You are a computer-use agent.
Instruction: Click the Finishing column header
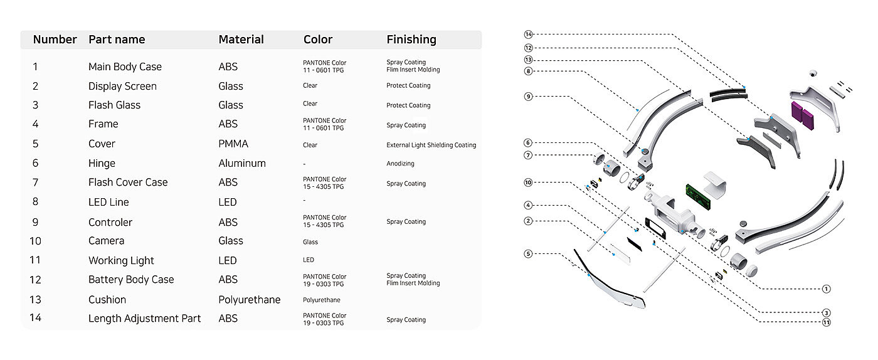(x=411, y=40)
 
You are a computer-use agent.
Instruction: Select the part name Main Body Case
(x=125, y=66)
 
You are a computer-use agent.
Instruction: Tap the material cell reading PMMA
(x=233, y=144)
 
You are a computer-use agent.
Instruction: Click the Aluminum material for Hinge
(x=242, y=163)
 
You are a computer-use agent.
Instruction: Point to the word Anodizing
(x=400, y=164)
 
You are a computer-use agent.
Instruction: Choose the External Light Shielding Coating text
(x=431, y=145)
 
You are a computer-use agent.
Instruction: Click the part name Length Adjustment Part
(x=144, y=319)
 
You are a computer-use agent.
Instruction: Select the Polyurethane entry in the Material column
(x=250, y=300)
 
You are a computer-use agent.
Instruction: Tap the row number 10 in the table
(x=35, y=241)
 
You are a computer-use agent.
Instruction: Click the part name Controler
(x=110, y=223)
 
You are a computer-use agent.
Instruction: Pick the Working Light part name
(x=121, y=261)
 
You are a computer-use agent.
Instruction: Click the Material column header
(x=241, y=40)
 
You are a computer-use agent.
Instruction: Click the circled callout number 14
(x=528, y=34)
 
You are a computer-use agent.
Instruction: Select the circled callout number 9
(x=528, y=97)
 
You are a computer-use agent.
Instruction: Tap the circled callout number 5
(x=528, y=254)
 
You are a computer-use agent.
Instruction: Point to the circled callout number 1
(x=827, y=289)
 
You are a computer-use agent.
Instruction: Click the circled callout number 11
(x=827, y=322)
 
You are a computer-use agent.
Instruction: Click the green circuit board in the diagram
(x=698, y=196)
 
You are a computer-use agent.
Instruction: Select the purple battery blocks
(x=803, y=115)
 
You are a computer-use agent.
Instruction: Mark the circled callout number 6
(x=528, y=143)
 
